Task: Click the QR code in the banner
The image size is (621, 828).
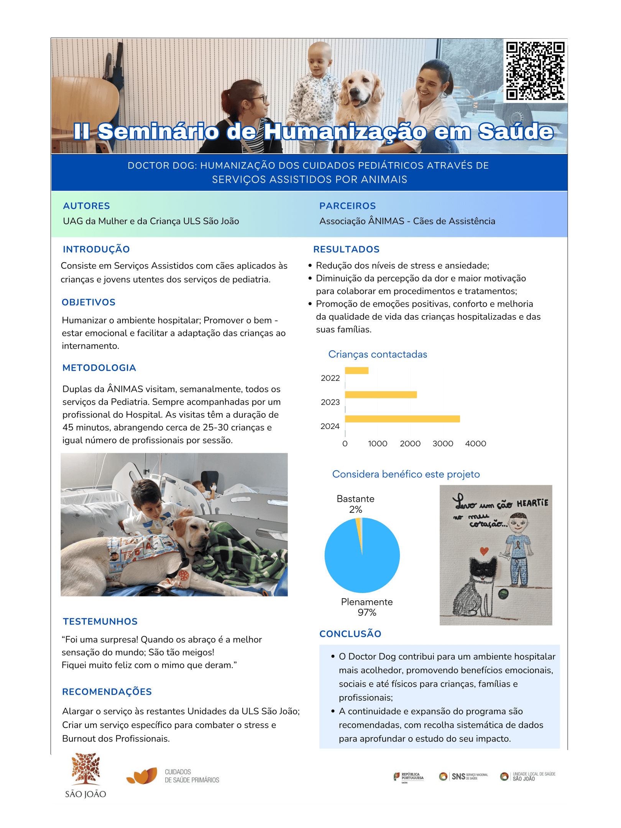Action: (x=535, y=71)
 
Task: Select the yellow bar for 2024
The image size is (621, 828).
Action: (x=402, y=419)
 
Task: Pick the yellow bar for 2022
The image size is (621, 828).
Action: (x=356, y=371)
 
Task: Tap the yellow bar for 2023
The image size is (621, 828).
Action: (x=381, y=395)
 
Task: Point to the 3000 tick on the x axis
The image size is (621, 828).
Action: (x=443, y=444)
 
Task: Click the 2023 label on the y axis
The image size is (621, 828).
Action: (x=330, y=402)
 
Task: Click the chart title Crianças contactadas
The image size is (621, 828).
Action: (x=378, y=354)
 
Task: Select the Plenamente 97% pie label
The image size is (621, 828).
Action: (x=367, y=607)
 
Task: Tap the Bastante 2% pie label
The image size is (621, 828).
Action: (x=355, y=504)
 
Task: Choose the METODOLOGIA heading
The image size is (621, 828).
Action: (x=99, y=368)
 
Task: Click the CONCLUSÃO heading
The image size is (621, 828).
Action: (x=350, y=634)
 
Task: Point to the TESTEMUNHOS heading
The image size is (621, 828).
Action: (x=100, y=622)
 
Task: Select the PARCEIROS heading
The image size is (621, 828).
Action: (x=348, y=206)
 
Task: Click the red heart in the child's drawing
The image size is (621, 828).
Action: (x=485, y=551)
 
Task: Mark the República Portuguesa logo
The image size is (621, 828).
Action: (x=409, y=777)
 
